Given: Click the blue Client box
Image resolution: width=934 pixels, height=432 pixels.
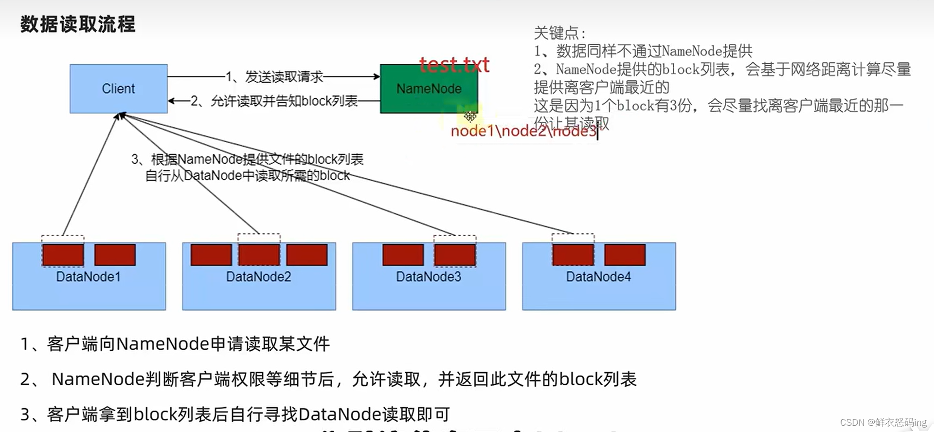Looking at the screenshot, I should [x=118, y=89].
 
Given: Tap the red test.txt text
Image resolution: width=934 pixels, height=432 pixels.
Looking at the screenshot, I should [x=454, y=65].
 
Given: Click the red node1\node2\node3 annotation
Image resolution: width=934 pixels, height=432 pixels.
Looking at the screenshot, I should [x=523, y=131].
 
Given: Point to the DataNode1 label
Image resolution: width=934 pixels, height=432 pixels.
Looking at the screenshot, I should [x=88, y=277].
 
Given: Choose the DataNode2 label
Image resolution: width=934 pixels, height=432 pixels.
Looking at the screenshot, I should [x=258, y=277].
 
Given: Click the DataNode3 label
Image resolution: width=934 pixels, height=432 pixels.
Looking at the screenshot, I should [x=428, y=277].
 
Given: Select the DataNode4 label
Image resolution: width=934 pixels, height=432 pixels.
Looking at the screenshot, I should [x=598, y=277].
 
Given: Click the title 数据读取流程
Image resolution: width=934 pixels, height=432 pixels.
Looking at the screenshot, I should [x=78, y=24].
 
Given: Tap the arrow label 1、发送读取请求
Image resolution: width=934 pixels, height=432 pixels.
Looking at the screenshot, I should [x=274, y=76].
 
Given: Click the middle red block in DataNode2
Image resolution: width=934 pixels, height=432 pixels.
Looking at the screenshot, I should [x=259, y=255].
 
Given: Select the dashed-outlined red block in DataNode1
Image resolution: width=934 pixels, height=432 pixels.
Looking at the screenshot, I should [x=63, y=255].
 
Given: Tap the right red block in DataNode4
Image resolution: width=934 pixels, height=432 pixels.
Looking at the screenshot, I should [x=625, y=255].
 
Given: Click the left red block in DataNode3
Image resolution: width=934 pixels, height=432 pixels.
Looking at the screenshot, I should [x=403, y=255].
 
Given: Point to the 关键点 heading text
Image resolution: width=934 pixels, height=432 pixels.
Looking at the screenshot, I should [x=559, y=33].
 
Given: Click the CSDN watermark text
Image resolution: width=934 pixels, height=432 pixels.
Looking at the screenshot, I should [x=883, y=422].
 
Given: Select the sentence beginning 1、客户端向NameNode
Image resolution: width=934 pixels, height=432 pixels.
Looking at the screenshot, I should [x=175, y=344].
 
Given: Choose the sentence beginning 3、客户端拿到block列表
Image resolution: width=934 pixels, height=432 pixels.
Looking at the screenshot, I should [x=235, y=414].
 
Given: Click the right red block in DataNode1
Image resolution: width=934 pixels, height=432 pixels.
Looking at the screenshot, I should [x=115, y=255].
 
